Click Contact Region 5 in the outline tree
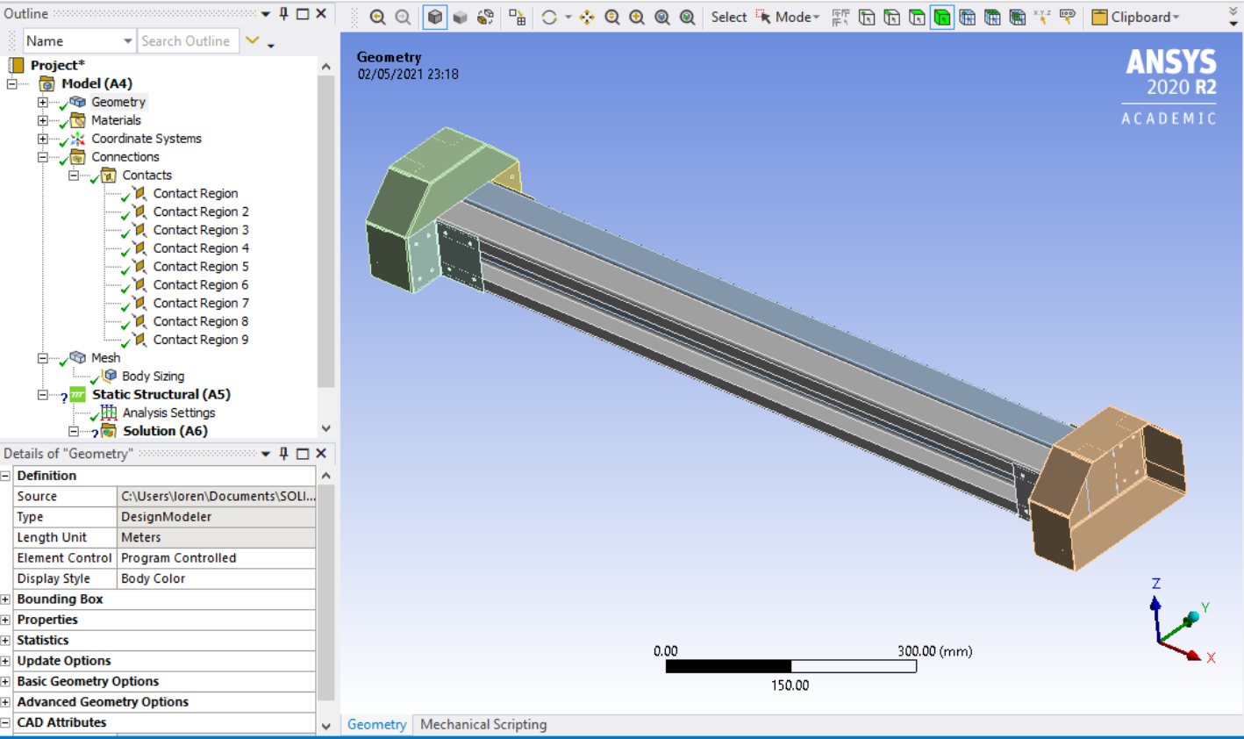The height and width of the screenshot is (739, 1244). (x=200, y=267)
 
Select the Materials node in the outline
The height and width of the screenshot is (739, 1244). (x=116, y=120)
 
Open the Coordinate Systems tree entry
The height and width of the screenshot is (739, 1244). (x=146, y=139)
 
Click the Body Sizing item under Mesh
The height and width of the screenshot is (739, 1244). (x=153, y=376)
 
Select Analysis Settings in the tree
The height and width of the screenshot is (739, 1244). (x=168, y=413)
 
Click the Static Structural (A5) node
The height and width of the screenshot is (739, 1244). (x=161, y=394)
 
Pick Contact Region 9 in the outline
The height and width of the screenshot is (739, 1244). (x=200, y=340)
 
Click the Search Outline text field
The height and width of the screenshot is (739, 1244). (x=186, y=41)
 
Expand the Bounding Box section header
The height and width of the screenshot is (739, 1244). (x=60, y=599)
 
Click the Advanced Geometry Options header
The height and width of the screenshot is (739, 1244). (x=103, y=702)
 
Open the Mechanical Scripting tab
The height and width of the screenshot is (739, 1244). (x=483, y=724)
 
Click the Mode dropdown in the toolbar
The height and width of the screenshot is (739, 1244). (x=797, y=17)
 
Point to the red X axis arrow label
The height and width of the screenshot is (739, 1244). (x=1211, y=657)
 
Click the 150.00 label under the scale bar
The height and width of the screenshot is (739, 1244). (x=790, y=685)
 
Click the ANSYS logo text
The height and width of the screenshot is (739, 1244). (x=1170, y=62)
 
